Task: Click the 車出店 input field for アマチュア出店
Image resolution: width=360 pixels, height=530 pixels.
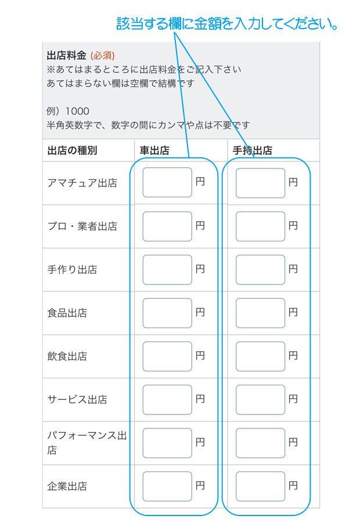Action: pos(167,182)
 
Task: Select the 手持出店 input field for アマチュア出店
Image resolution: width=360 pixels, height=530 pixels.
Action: pos(260,183)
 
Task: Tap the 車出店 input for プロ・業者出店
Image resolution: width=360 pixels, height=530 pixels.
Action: pos(167,226)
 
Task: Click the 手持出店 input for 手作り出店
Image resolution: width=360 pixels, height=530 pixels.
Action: pos(260,270)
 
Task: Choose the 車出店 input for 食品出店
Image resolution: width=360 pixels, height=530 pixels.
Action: pos(167,313)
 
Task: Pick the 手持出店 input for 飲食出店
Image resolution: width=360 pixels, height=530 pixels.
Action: pos(260,356)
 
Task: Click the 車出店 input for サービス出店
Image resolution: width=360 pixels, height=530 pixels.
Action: pos(167,399)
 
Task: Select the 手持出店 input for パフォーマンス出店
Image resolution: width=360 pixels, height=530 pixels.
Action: pos(260,443)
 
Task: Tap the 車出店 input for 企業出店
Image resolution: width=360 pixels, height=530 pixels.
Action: pos(167,486)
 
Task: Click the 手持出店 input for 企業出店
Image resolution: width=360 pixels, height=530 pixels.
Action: pos(260,486)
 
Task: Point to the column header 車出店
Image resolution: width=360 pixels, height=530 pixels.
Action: pos(154,150)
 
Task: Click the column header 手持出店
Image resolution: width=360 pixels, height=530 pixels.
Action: pos(253,150)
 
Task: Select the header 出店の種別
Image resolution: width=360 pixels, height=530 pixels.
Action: pos(73,150)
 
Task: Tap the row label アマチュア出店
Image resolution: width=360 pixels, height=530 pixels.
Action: pos(82,183)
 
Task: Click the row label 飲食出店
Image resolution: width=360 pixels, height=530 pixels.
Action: pos(67,356)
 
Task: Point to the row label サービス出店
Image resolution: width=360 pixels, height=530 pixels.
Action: pos(77,399)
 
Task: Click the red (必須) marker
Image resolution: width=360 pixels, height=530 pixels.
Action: pos(102,55)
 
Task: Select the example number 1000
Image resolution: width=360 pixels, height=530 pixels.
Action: pos(77,111)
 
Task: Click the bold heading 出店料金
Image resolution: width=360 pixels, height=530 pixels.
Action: pos(67,55)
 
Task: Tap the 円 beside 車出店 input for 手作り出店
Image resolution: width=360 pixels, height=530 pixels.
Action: pos(200,269)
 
